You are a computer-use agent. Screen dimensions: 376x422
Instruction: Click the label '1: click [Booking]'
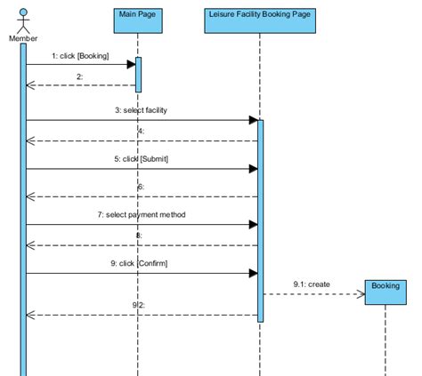tap(80, 56)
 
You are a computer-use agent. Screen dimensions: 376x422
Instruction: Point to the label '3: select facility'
tap(141, 110)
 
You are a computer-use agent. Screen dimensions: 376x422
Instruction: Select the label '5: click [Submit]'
tap(141, 159)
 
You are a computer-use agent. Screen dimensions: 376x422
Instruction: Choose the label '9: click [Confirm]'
tap(141, 263)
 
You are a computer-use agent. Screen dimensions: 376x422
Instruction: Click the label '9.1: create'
tap(312, 284)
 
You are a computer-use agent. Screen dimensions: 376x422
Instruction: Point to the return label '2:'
tap(79, 77)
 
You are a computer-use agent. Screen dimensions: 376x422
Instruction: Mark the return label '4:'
tap(141, 132)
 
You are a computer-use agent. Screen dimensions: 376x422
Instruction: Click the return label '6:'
tap(141, 187)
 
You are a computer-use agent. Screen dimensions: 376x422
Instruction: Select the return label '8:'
tap(141, 236)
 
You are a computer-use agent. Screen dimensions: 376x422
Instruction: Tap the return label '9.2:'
tap(140, 305)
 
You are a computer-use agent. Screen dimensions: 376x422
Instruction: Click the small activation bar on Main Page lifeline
tap(138, 75)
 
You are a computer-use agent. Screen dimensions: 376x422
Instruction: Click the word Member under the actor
tap(23, 38)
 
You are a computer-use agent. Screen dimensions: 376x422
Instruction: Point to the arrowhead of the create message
tap(361, 294)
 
